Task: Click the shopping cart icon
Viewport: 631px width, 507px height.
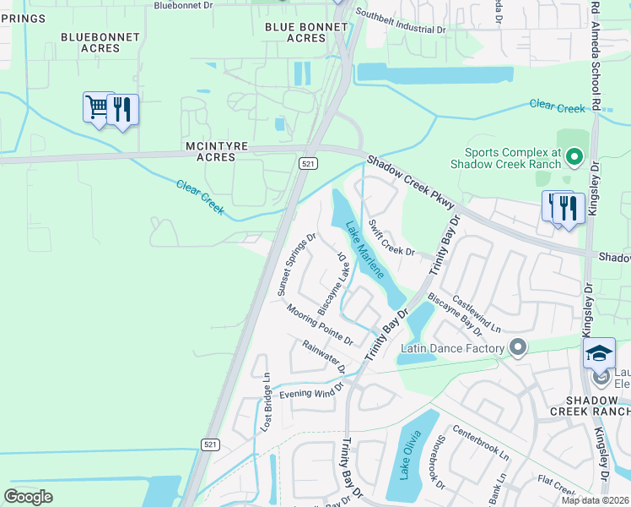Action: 98,108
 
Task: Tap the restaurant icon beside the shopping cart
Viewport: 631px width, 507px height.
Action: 123,110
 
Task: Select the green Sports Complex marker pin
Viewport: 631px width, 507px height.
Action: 574,156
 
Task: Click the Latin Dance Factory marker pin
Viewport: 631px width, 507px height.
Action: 518,347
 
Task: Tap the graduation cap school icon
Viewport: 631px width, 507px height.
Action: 599,353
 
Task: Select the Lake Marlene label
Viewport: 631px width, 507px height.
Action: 365,251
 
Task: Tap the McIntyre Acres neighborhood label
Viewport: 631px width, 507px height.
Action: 216,151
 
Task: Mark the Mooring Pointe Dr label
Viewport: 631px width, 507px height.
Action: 319,324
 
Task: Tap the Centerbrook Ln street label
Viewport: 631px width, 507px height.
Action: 481,441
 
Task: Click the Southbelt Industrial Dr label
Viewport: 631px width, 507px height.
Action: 400,21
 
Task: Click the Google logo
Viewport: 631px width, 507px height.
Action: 28,496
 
